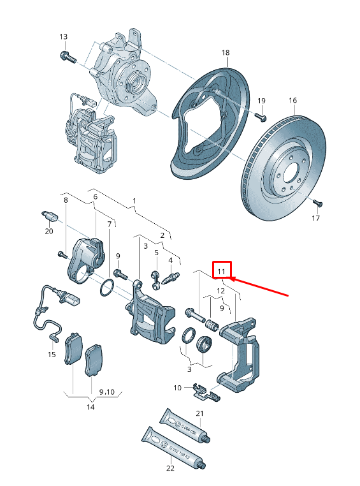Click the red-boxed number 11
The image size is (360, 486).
pyautogui.click(x=221, y=272)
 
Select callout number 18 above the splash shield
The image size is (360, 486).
pyautogui.click(x=225, y=52)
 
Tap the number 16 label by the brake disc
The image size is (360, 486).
pyautogui.click(x=292, y=101)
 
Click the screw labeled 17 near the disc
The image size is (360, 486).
pyautogui.click(x=319, y=203)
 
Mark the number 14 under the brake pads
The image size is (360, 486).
pyautogui.click(x=90, y=407)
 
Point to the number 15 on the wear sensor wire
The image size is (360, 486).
pyautogui.click(x=52, y=354)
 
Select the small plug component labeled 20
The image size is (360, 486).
pyautogui.click(x=49, y=215)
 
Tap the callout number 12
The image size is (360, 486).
pyautogui.click(x=220, y=291)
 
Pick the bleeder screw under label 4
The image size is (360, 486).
pyautogui.click(x=171, y=278)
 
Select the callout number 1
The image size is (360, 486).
pyautogui.click(x=134, y=201)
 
